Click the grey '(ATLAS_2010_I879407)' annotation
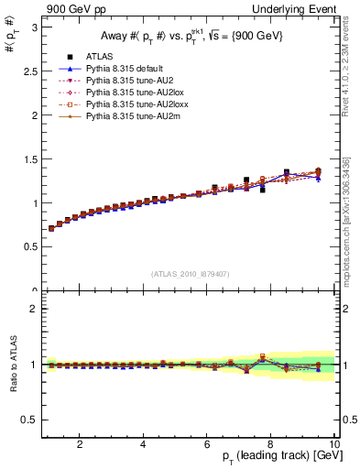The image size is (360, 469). (191, 274)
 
